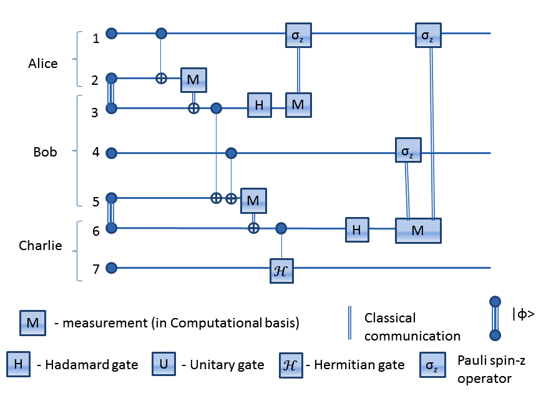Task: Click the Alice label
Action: pos(43,64)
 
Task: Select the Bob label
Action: pos(45,152)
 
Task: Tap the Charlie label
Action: pos(41,246)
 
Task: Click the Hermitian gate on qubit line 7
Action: pos(281,271)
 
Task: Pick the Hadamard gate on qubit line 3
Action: pos(260,105)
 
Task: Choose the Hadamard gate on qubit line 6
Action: pos(357,229)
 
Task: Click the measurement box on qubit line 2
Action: pos(193,80)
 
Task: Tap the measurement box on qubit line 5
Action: pos(253,201)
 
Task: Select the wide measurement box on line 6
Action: pos(418,231)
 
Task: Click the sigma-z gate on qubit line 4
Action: pos(408,150)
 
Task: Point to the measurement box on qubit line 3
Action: pos(298,105)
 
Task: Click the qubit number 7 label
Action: pos(96,269)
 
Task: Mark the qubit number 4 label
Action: pos(96,152)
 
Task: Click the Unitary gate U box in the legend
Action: pos(164,364)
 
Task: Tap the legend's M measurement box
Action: pos(33,323)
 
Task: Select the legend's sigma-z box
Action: pos(432,365)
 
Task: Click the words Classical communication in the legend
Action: pos(412,327)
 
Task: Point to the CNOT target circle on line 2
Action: pos(161,79)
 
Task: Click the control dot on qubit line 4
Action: pos(231,152)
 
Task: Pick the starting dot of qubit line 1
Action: pos(112,34)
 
